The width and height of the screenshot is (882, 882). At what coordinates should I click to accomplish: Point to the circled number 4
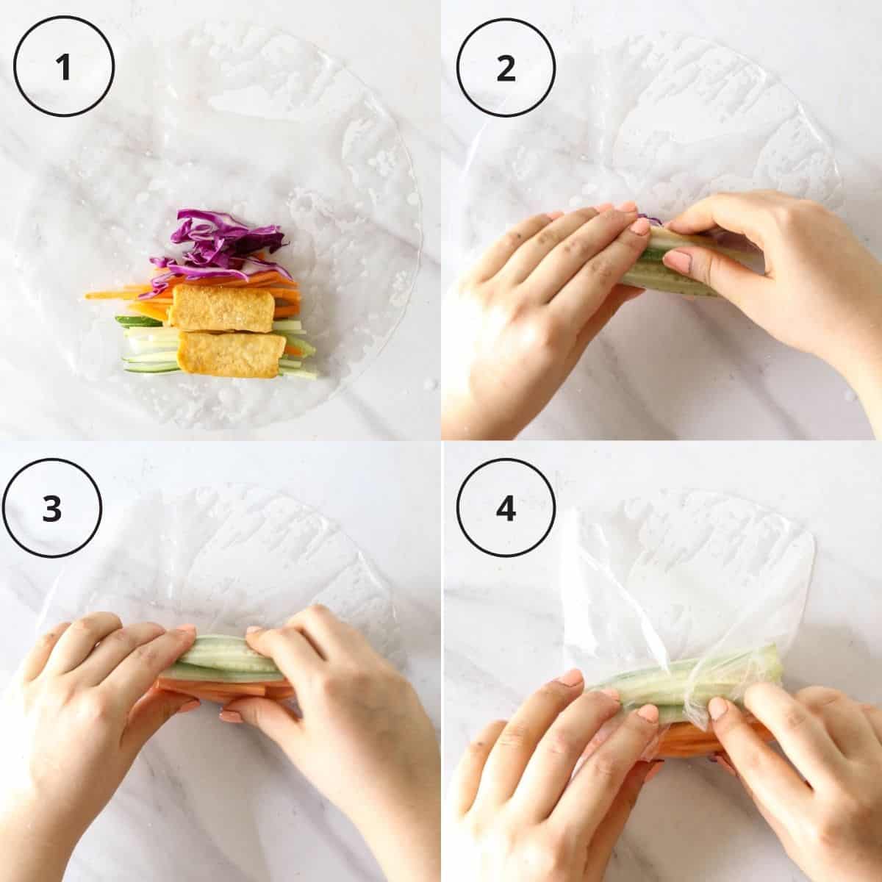(x=506, y=509)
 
